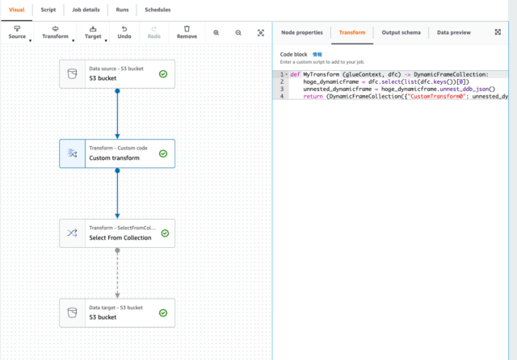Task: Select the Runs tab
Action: point(121,10)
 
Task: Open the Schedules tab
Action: point(158,10)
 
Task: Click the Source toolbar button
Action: point(17,32)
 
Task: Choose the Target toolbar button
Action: point(93,32)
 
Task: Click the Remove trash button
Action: point(187,32)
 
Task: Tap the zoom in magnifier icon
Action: point(216,32)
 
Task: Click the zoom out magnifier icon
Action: point(238,32)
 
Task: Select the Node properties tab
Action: point(302,32)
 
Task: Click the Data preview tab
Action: point(454,32)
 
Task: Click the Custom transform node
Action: point(116,153)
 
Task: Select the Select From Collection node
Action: point(116,233)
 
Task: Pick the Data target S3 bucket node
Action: point(116,312)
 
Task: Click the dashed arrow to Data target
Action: point(117,274)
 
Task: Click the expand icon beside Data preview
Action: point(498,32)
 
